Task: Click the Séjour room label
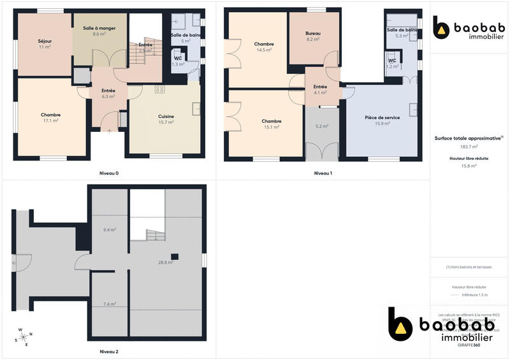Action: pos(45,41)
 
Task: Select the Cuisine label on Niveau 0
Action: pos(166,116)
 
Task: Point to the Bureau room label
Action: pos(312,32)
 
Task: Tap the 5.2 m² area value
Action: pos(322,126)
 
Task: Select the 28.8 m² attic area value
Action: pos(166,262)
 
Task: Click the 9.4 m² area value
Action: pos(109,229)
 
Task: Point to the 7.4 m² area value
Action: pos(109,304)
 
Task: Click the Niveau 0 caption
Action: pos(109,173)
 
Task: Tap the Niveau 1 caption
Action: pos(323,173)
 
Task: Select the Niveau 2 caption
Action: pos(109,352)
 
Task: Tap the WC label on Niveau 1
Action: pos(393,61)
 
